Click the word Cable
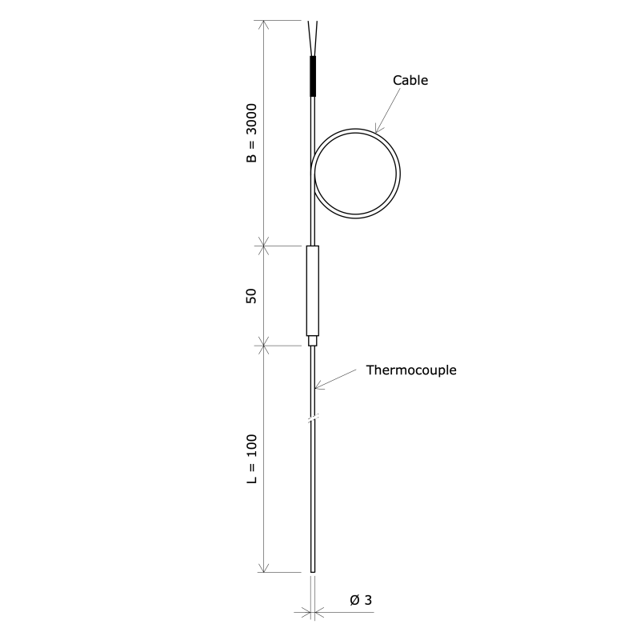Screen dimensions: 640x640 click(x=410, y=80)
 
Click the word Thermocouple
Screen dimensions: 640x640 click(x=411, y=370)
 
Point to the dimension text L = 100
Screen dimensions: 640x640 click(x=251, y=459)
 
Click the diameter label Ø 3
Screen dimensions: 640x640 click(x=361, y=600)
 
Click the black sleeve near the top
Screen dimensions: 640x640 click(x=313, y=74)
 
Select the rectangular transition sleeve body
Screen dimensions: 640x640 click(x=313, y=290)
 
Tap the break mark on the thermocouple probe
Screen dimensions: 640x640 click(x=313, y=418)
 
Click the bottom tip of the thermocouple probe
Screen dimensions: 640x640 click(x=313, y=570)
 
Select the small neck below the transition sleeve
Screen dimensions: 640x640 click(x=313, y=340)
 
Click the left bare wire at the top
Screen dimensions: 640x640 click(x=309, y=36)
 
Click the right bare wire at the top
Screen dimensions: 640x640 click(x=318, y=36)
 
